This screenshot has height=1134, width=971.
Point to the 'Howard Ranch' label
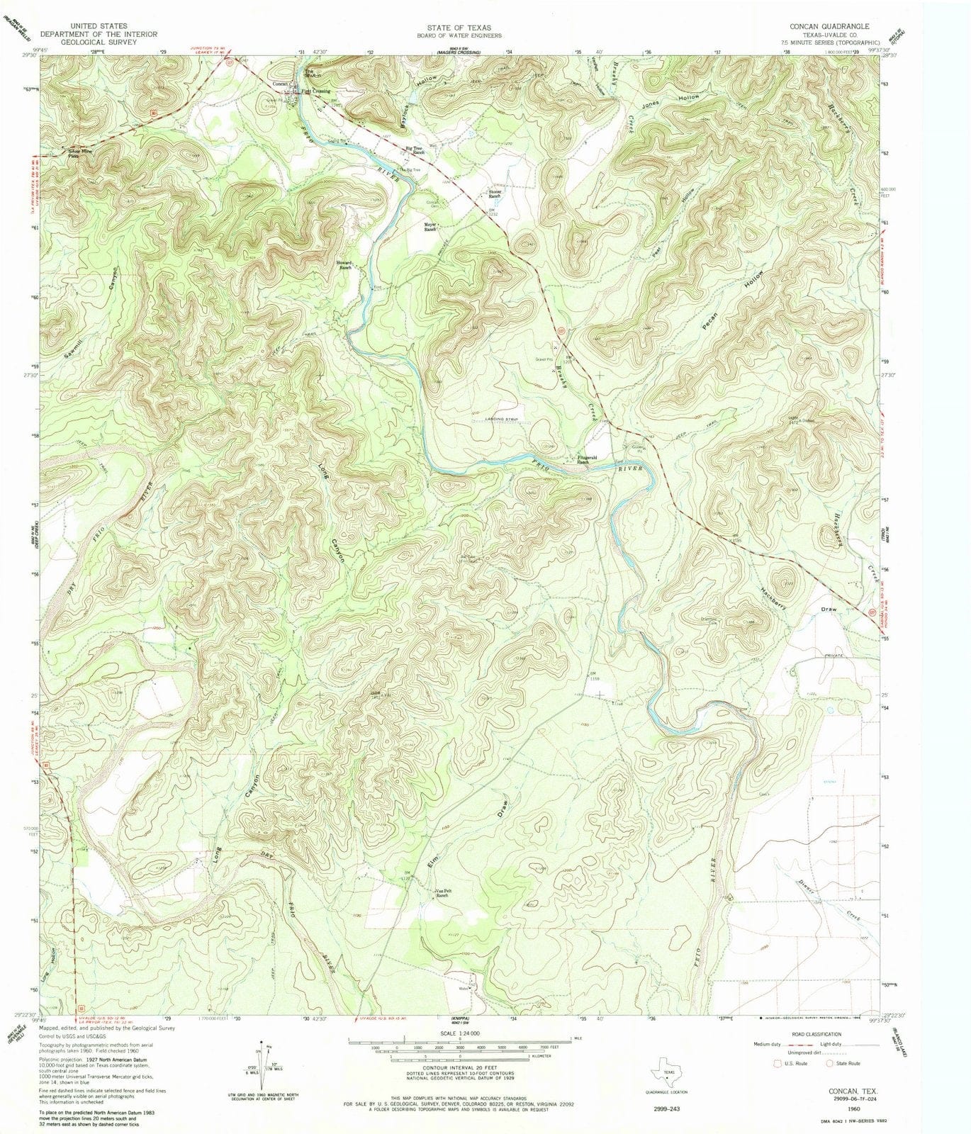click(344, 265)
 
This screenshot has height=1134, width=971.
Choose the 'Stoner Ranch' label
click(495, 193)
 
